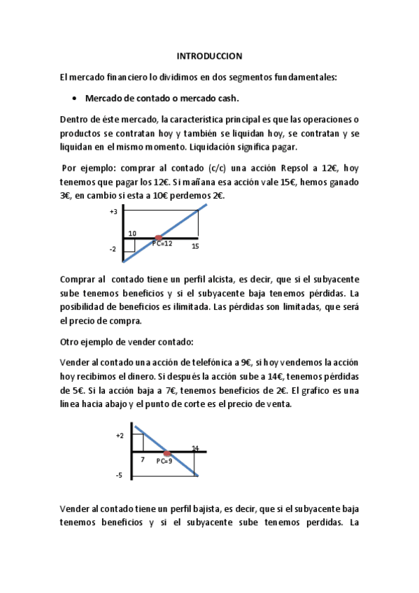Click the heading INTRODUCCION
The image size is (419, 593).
click(x=208, y=55)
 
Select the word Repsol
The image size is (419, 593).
click(x=285, y=168)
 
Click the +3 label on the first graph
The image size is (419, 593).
click(x=113, y=210)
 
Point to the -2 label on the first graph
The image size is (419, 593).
click(x=113, y=249)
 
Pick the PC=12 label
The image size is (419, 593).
click(x=162, y=243)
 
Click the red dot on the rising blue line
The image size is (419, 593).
click(x=159, y=238)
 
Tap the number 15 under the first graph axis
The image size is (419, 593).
click(x=195, y=246)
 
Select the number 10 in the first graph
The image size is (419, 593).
click(x=132, y=233)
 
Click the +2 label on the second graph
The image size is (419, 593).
click(x=120, y=435)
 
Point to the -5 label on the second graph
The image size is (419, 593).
click(x=120, y=476)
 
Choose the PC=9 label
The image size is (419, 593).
click(x=164, y=461)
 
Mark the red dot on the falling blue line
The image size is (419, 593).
click(x=167, y=453)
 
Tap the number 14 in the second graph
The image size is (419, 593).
click(x=195, y=448)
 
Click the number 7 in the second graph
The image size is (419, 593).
click(x=143, y=459)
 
